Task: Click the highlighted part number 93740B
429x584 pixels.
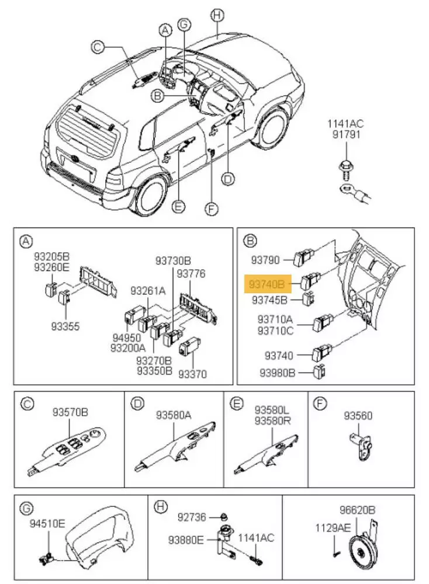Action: point(267,284)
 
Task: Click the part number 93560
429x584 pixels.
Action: point(358,415)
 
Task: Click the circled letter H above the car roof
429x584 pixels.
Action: point(217,16)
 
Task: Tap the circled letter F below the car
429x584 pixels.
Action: point(213,207)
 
